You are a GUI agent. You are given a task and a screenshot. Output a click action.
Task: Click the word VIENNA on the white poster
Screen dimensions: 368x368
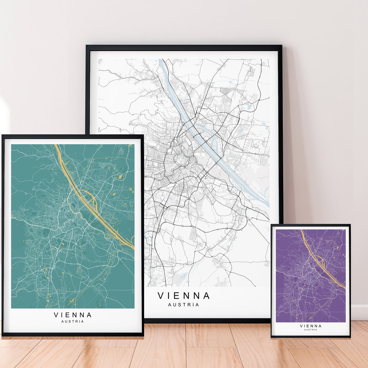pyautogui.click(x=184, y=296)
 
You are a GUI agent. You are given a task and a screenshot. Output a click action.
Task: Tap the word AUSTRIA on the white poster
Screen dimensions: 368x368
pyautogui.click(x=184, y=305)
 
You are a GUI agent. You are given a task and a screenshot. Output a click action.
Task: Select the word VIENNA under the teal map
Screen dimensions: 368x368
pyautogui.click(x=73, y=315)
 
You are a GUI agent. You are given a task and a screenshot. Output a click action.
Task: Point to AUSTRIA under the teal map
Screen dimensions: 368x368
pyautogui.click(x=73, y=321)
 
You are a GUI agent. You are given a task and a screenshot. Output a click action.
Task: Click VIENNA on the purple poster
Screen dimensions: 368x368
pyautogui.click(x=310, y=326)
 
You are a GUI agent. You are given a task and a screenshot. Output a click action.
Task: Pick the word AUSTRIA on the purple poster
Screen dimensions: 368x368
pyautogui.click(x=310, y=330)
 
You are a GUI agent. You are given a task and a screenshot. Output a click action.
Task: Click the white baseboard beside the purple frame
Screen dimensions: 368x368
pyautogui.click(x=359, y=312)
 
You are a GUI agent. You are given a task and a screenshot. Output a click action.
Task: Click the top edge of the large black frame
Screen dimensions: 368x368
pyautogui.click(x=184, y=47)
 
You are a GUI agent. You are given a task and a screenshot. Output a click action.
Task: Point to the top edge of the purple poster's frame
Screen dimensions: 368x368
pyautogui.click(x=310, y=226)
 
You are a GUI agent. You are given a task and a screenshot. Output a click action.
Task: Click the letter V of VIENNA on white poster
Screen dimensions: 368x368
pyautogui.click(x=161, y=296)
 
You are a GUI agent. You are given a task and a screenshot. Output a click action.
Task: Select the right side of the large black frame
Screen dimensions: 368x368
pyautogui.click(x=280, y=144)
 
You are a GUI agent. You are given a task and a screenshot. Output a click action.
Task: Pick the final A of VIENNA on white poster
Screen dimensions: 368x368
pyautogui.click(x=206, y=296)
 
